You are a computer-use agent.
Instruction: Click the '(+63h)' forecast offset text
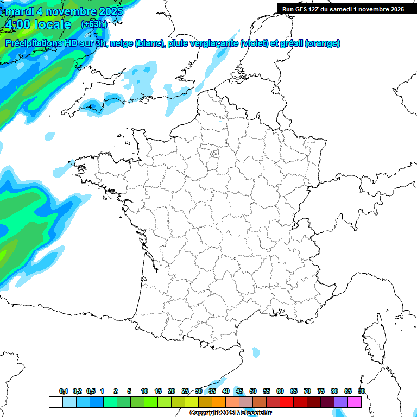pos(94,24)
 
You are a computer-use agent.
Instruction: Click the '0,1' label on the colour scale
pos(64,391)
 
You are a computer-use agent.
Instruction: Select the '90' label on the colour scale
pos(362,391)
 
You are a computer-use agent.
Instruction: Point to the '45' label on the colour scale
pos(239,391)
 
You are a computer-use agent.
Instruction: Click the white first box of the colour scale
pos(55,402)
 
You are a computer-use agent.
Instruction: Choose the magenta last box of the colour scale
pos(355,402)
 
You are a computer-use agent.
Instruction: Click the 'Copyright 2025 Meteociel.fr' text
pos(230,413)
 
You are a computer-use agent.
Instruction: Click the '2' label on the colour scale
pos(116,391)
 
